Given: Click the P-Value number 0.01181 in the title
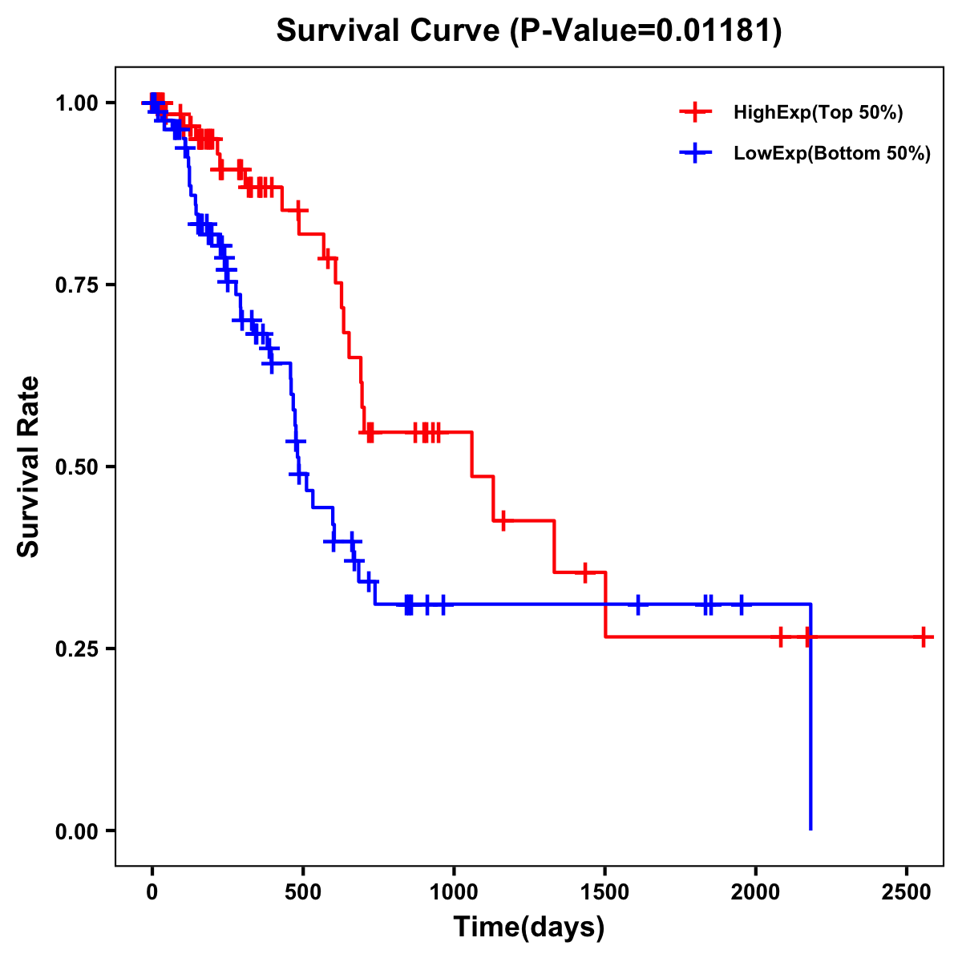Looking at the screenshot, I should tap(715, 31).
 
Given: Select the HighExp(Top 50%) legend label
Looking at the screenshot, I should tap(818, 113).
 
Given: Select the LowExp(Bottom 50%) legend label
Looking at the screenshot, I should tap(832, 154).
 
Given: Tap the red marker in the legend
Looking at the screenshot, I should tap(695, 113).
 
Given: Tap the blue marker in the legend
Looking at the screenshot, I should tap(695, 154).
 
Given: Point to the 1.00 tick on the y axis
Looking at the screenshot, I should tap(76, 103).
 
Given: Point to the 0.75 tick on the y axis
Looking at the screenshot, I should tap(76, 285).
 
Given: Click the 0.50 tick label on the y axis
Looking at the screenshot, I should tap(76, 467).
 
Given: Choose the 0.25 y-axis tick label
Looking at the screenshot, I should tap(76, 649).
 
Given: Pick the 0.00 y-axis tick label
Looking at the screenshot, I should tap(76, 831).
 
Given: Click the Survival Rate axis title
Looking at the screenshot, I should tap(29, 467).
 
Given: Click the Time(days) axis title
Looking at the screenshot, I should tap(529, 928).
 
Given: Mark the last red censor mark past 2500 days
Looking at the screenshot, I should tap(924, 637).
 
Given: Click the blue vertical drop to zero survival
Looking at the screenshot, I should tap(811, 721).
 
